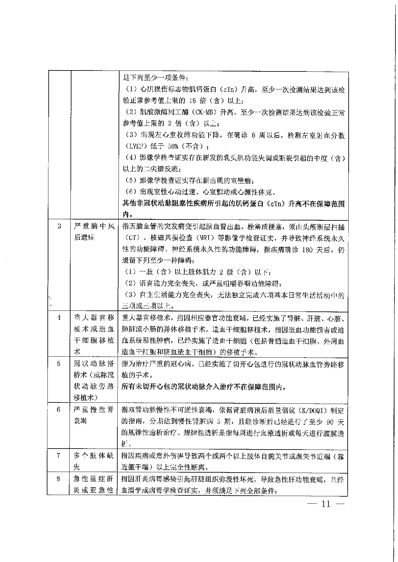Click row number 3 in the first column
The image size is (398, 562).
[x=59, y=226]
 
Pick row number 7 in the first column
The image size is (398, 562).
[x=58, y=455]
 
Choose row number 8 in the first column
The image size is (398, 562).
[x=58, y=479]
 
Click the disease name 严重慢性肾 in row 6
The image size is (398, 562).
[x=94, y=410]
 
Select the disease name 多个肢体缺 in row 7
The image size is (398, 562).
[x=94, y=456]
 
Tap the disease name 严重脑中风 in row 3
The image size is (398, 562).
[x=94, y=227]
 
